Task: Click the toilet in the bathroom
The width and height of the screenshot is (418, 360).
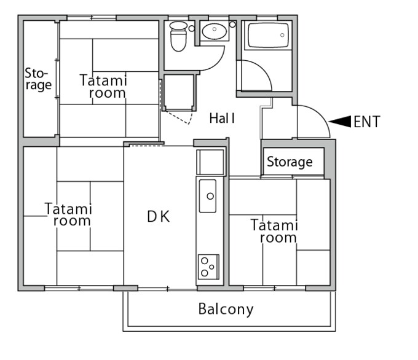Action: click(x=178, y=36)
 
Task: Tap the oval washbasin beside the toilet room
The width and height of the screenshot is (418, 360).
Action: click(x=214, y=31)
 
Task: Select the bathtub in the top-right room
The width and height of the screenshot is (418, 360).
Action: click(x=268, y=36)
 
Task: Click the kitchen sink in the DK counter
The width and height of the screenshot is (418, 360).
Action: click(x=208, y=196)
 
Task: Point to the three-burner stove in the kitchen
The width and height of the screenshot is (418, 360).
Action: click(x=208, y=267)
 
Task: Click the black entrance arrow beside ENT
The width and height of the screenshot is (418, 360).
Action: click(x=339, y=122)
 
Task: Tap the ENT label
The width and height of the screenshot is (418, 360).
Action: click(x=367, y=122)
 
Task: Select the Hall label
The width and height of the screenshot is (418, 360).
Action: click(x=222, y=119)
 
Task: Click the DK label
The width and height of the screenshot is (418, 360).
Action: click(x=159, y=216)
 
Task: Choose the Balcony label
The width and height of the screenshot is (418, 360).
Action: click(x=226, y=310)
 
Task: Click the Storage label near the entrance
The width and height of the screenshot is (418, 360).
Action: click(x=290, y=162)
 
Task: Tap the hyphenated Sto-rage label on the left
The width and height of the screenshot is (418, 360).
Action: click(x=38, y=79)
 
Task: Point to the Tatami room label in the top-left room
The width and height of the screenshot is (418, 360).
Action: click(x=103, y=87)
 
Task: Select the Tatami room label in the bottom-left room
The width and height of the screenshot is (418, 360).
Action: click(x=68, y=214)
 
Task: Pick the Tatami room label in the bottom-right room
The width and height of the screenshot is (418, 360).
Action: click(x=274, y=231)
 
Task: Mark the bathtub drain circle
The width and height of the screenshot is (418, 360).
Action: click(x=282, y=35)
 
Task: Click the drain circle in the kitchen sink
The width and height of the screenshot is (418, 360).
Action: click(x=210, y=196)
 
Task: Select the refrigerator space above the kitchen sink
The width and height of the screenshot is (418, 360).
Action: click(x=210, y=162)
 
